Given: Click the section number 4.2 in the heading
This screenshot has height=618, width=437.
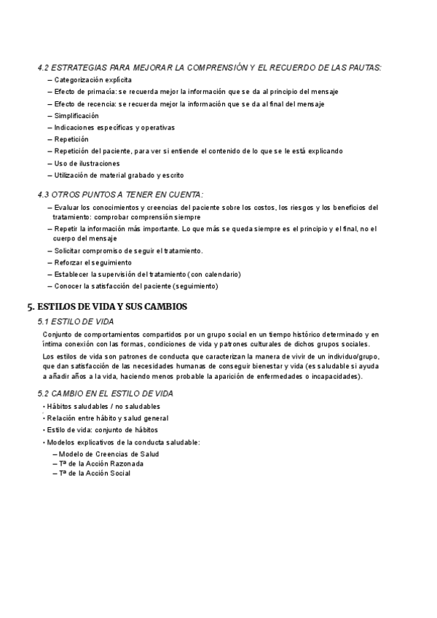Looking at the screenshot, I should coord(43,68).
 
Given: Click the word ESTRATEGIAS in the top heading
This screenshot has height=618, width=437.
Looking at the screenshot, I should coord(81,68).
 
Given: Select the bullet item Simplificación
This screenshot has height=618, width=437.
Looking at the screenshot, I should coord(76,116).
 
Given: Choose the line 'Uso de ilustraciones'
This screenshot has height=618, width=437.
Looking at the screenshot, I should coord(87,163).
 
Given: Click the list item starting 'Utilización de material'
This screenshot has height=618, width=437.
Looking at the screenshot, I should coord(119,176).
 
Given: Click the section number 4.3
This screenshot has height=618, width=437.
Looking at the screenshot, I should coord(43,195).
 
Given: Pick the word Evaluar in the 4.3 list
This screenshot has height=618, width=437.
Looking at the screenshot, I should coord(67,208).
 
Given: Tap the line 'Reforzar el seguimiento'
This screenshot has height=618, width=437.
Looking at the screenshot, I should coord(93,262).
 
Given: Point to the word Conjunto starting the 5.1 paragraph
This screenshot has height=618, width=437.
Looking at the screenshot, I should coord(58,335).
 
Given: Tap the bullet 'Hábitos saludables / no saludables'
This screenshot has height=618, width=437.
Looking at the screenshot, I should coord(103,406).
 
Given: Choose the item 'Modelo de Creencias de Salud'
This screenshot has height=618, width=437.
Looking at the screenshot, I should coord(109,453).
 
